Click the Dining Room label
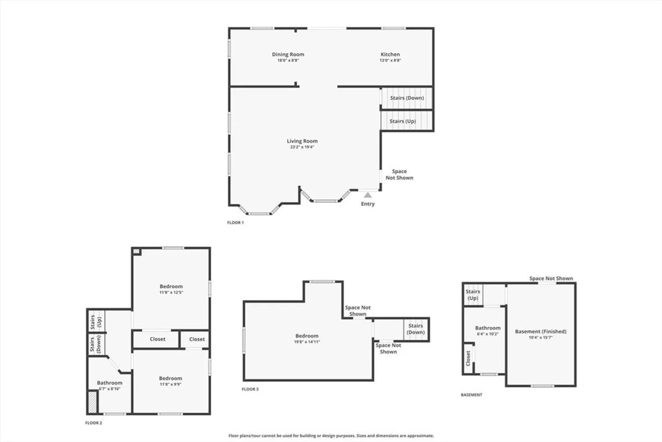click(x=288, y=54)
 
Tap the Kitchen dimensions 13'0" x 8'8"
click(x=390, y=60)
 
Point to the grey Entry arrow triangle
click(x=368, y=195)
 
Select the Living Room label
click(x=302, y=141)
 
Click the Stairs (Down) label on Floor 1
click(x=407, y=98)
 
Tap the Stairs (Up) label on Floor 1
click(x=402, y=121)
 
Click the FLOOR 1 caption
click(x=235, y=223)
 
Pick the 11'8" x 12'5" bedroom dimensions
click(x=171, y=292)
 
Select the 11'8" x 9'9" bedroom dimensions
click(x=171, y=384)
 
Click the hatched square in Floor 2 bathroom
click(x=92, y=402)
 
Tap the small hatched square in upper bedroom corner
click(x=136, y=251)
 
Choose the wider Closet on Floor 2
click(x=157, y=339)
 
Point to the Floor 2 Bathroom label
click(x=110, y=383)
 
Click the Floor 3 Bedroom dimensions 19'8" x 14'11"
click(x=307, y=342)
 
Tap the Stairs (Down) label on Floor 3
click(x=415, y=329)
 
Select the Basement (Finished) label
click(x=541, y=331)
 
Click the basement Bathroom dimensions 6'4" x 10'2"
click(x=488, y=334)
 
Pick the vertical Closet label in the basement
click(x=468, y=358)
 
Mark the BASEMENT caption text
click(x=471, y=395)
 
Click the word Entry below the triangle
click(x=368, y=204)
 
